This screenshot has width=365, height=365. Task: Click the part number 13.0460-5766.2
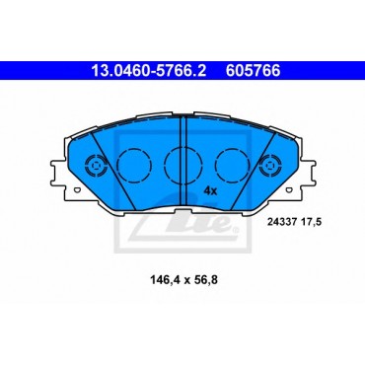pyautogui.click(x=149, y=71)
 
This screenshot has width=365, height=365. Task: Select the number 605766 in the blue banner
pyautogui.click(x=253, y=71)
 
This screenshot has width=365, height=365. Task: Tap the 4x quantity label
pyautogui.click(x=210, y=190)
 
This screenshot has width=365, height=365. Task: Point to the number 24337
pyautogui.click(x=280, y=222)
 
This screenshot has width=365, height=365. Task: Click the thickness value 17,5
pyautogui.click(x=309, y=222)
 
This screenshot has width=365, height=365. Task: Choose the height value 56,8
pyautogui.click(x=205, y=280)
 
